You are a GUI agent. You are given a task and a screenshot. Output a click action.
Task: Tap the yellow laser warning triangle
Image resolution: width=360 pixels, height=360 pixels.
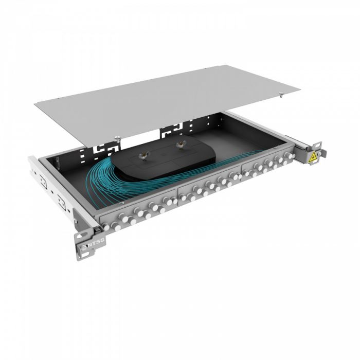click(312, 158)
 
